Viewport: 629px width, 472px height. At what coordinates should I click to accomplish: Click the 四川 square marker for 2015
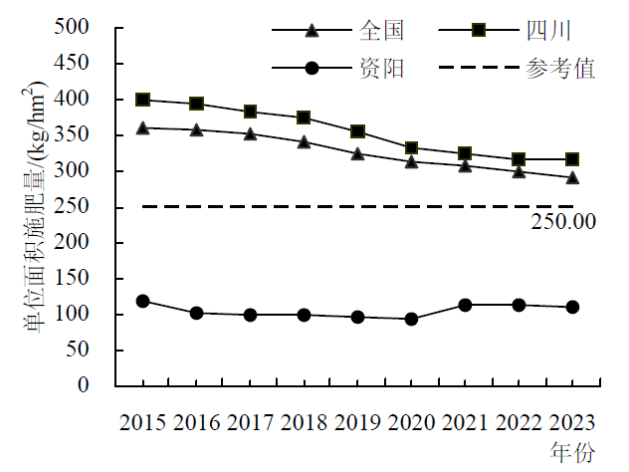coord(143,100)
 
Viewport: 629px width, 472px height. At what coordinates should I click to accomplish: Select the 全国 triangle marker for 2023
coord(572,177)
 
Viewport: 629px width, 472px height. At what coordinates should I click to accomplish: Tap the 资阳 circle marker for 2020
coord(412,319)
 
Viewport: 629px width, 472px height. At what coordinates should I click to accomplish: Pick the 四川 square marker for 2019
coord(358,131)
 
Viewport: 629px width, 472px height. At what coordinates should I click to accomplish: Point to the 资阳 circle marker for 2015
coord(143,301)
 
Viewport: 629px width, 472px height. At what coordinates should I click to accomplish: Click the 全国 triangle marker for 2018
coord(305,141)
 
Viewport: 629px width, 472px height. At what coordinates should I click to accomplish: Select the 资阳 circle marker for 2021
coord(466,305)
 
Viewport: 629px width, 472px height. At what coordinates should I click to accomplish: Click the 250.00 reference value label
coord(563,221)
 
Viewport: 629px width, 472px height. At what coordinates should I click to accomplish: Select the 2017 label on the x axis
coord(251,422)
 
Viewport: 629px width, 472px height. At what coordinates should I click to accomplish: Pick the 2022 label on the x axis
coord(520,422)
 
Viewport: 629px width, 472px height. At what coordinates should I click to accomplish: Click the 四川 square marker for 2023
coord(572,159)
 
